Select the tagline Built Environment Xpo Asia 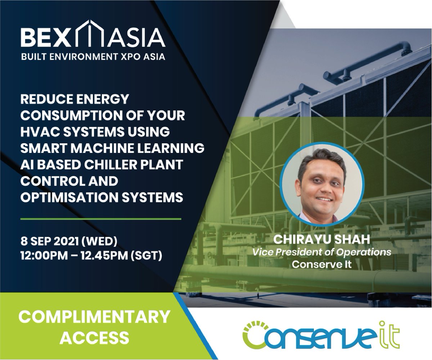93,57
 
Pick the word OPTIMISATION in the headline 72,197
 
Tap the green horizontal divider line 101,219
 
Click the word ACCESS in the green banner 94,338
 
